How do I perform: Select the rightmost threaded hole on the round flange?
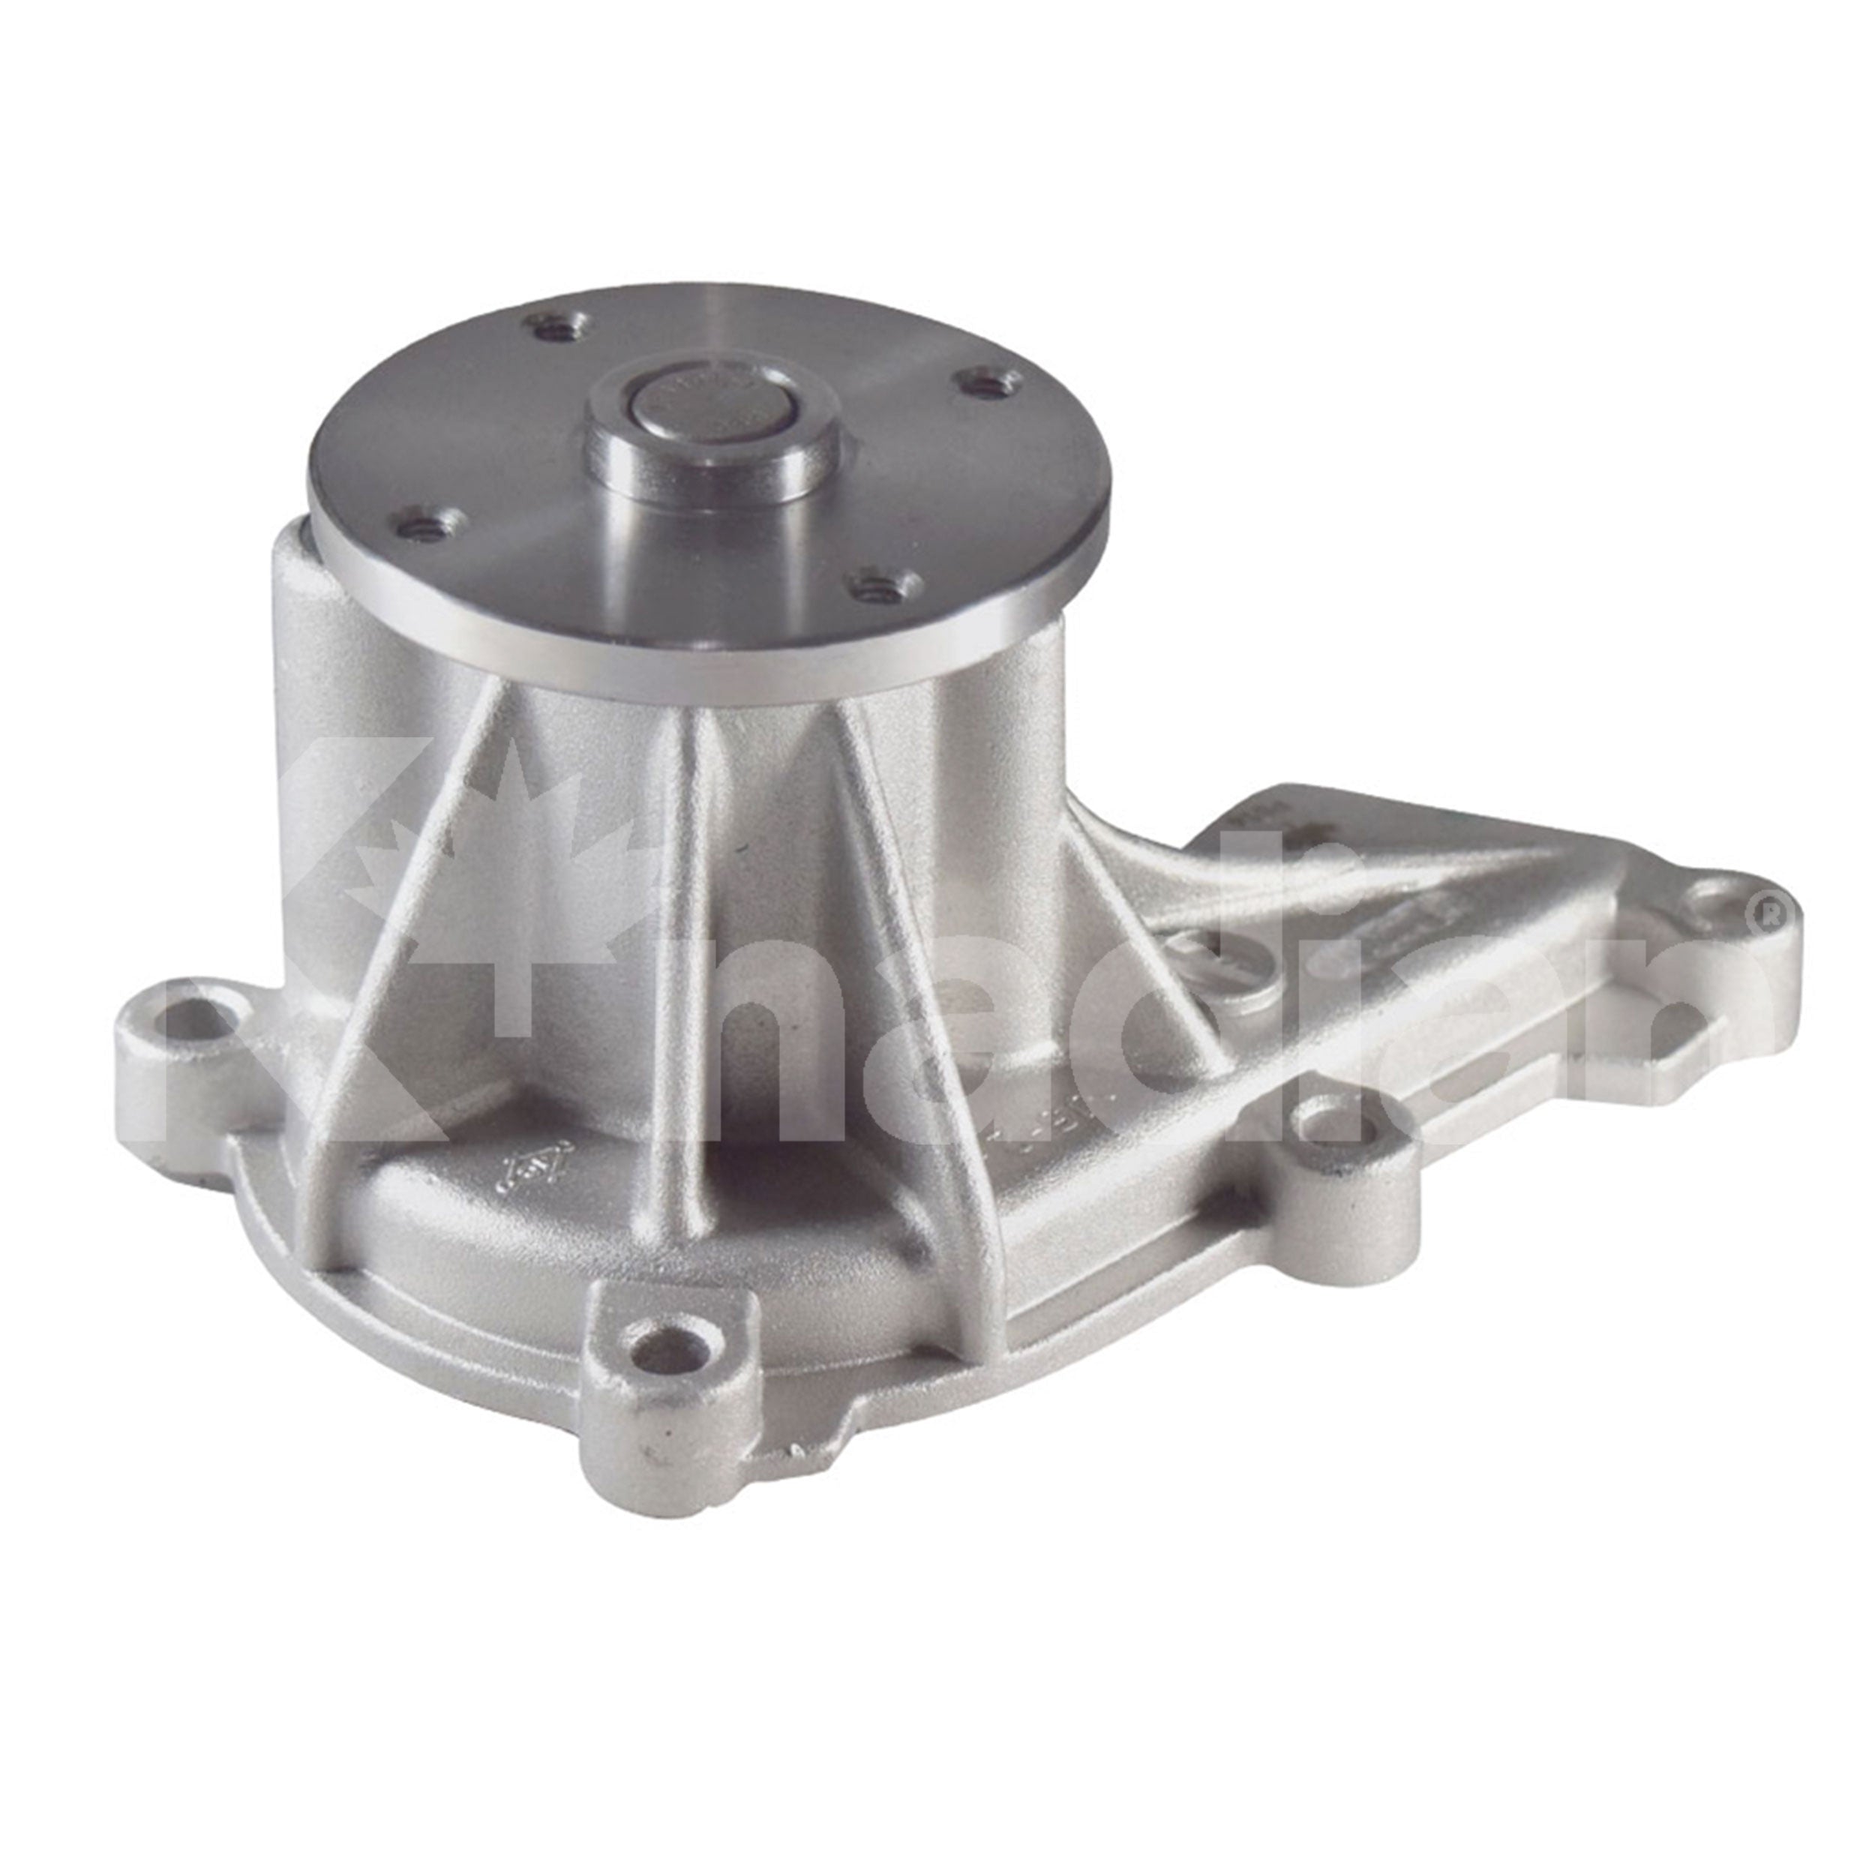(984, 384)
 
